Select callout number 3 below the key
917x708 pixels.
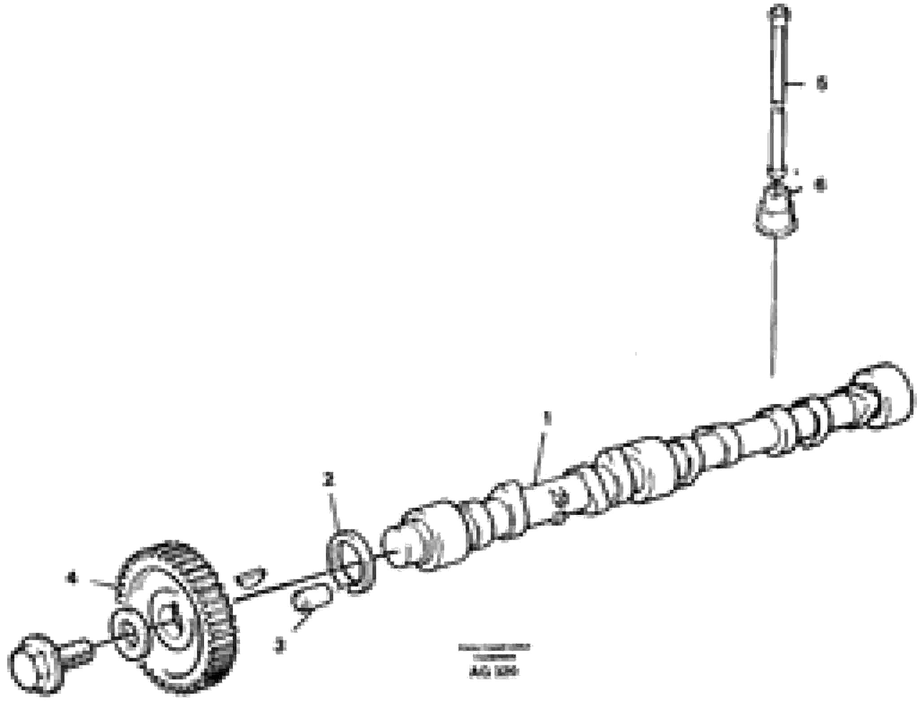click(x=280, y=646)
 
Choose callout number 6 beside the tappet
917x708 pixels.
click(x=821, y=185)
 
